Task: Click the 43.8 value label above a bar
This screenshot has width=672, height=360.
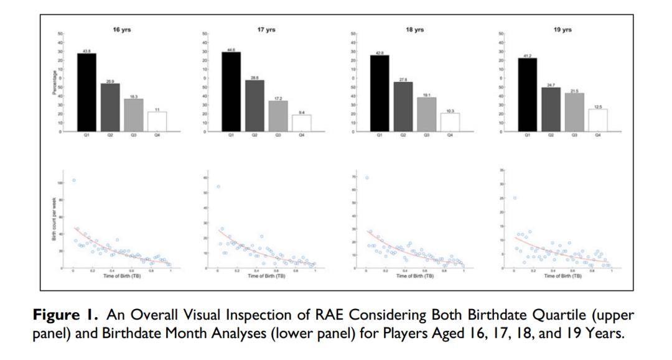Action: point(86,50)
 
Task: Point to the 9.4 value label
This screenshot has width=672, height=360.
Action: point(301,111)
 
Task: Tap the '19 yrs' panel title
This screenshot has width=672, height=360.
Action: point(562,29)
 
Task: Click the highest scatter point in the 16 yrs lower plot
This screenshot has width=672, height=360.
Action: point(73,180)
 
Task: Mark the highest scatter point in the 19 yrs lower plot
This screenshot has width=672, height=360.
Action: point(515,198)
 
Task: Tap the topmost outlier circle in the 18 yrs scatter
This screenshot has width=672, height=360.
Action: point(366,178)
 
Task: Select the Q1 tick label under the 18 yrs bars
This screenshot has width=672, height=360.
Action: point(379,135)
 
